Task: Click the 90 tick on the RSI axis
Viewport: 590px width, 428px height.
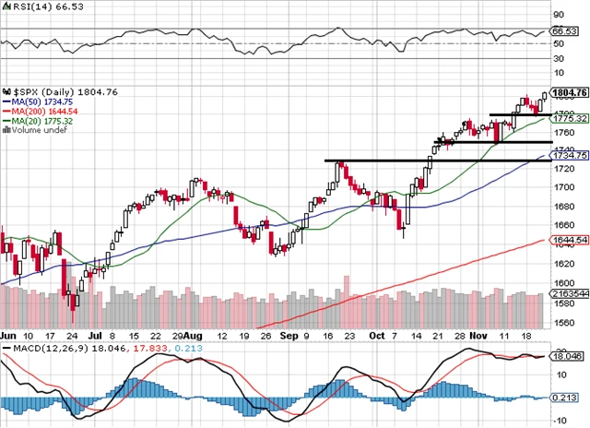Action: [558, 16]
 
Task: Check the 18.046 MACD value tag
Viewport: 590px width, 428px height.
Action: [567, 356]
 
